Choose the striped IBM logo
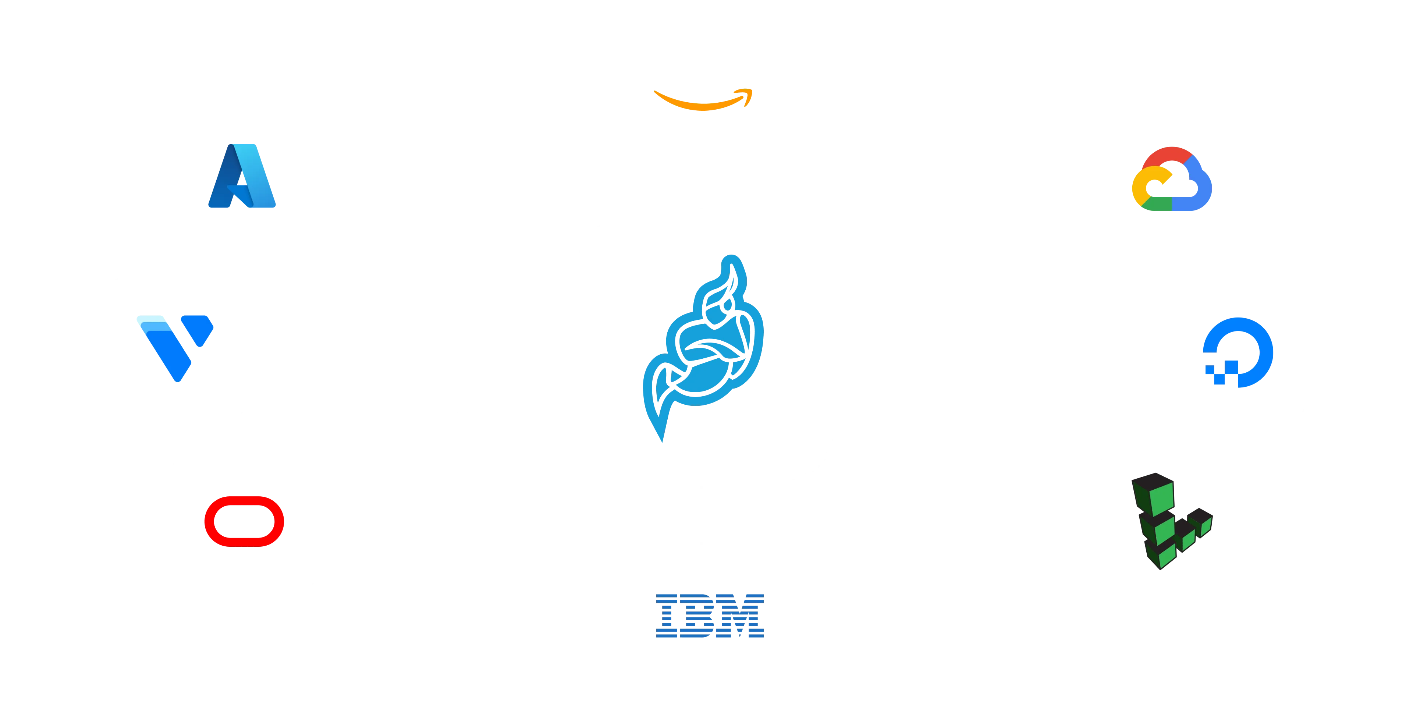[x=710, y=616]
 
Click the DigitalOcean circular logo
[x=1238, y=352]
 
